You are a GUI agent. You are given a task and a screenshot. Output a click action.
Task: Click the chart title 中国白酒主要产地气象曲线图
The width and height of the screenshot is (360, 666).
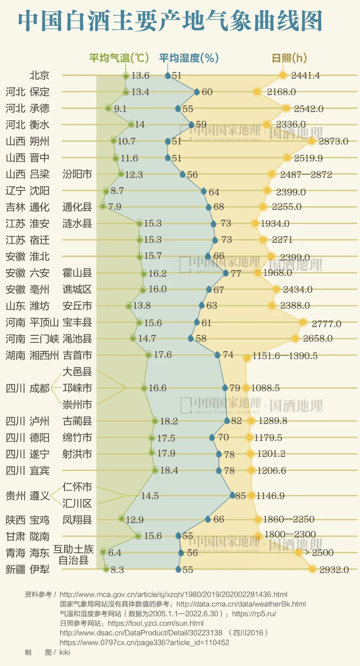pos(170,21)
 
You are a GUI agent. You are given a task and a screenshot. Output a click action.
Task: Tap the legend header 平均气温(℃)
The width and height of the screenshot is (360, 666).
pos(119,58)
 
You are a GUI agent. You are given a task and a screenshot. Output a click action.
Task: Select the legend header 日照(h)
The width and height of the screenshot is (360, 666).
pos(289,58)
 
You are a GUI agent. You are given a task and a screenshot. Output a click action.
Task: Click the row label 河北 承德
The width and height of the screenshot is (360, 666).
pos(27,108)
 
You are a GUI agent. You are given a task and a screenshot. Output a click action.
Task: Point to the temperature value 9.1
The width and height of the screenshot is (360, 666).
pos(120,109)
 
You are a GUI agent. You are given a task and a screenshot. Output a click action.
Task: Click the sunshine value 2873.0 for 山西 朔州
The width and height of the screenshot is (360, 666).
pos(333,141)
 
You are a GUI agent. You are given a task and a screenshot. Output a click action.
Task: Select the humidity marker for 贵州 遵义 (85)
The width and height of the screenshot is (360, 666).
pos(232,495)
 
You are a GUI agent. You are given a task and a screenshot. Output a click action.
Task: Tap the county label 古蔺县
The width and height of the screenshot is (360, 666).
pos(77,421)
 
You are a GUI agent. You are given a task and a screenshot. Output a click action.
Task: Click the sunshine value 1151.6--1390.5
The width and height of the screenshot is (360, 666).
pos(285,356)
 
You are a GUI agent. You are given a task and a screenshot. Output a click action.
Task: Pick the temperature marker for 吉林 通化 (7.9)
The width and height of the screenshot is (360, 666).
pos(103,206)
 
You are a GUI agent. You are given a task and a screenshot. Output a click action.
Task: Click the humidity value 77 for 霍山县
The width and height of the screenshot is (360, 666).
pos(236,274)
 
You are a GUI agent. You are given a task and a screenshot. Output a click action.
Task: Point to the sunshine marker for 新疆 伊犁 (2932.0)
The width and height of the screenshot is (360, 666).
pos(312,569)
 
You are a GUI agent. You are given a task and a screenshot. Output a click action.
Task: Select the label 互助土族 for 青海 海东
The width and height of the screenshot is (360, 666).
pos(73,549)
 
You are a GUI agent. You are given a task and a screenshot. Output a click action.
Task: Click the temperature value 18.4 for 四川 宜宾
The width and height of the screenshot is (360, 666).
pos(169,470)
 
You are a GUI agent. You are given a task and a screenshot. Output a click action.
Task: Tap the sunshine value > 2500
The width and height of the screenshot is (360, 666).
pos(319,553)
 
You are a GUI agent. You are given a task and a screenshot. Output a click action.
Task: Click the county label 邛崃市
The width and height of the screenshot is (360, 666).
pos(77,388)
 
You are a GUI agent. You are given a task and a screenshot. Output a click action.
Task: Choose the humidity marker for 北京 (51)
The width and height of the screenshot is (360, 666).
pos(168,76)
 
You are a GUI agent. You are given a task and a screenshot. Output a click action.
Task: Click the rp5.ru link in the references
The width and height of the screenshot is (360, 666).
pos(254,614)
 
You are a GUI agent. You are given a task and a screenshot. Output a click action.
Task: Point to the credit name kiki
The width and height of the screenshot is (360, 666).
pos(65,652)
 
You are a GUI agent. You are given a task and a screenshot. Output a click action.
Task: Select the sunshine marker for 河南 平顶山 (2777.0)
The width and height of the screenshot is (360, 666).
pos(303,322)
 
